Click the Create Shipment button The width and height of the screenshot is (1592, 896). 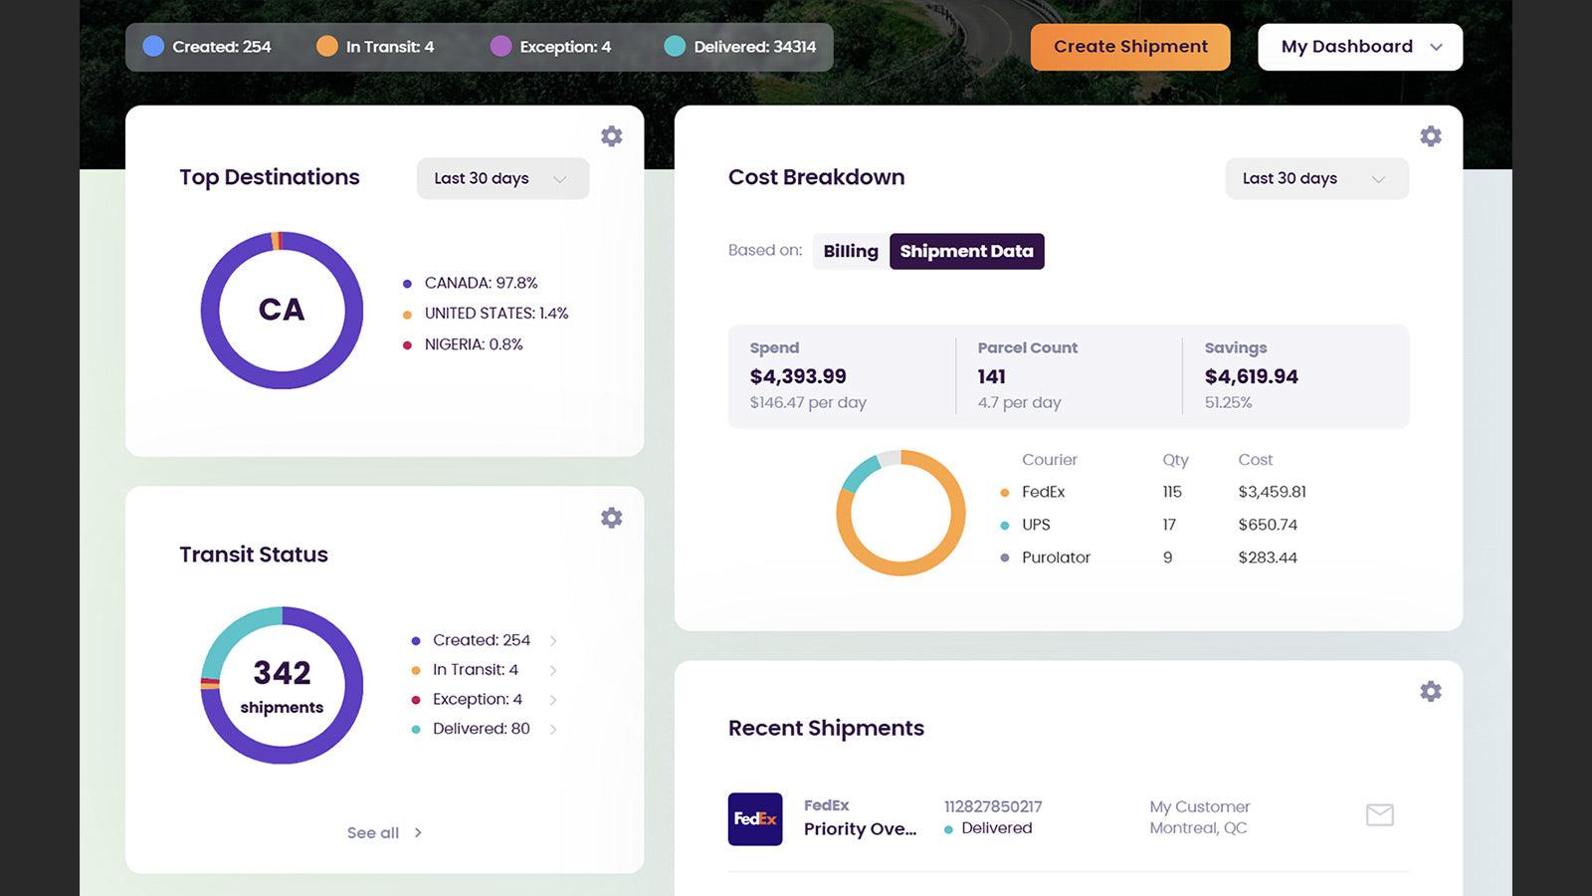1130,47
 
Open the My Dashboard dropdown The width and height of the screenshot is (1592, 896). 1360,47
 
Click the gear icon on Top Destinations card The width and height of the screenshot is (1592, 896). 612,136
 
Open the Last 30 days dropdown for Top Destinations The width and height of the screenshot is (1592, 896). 502,178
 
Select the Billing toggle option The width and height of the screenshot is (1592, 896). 851,251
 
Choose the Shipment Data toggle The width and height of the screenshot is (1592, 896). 966,251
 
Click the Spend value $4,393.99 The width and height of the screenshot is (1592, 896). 798,376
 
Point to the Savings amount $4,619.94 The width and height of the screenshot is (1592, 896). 1251,376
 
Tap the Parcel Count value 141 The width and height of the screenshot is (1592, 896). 991,376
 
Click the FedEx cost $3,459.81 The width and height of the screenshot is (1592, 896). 1272,492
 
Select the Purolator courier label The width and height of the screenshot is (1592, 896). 1056,558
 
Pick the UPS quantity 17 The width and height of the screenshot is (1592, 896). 1169,525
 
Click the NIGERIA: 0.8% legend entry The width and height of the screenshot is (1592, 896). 473,344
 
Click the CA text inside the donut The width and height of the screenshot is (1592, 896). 282,310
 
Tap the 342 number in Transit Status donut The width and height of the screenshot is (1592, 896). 282,673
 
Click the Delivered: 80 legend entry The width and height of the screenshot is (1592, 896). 481,729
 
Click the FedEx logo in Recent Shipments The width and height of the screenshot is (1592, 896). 755,819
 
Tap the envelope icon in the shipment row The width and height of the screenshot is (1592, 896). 1379,815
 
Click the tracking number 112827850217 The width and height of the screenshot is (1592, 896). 992,806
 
